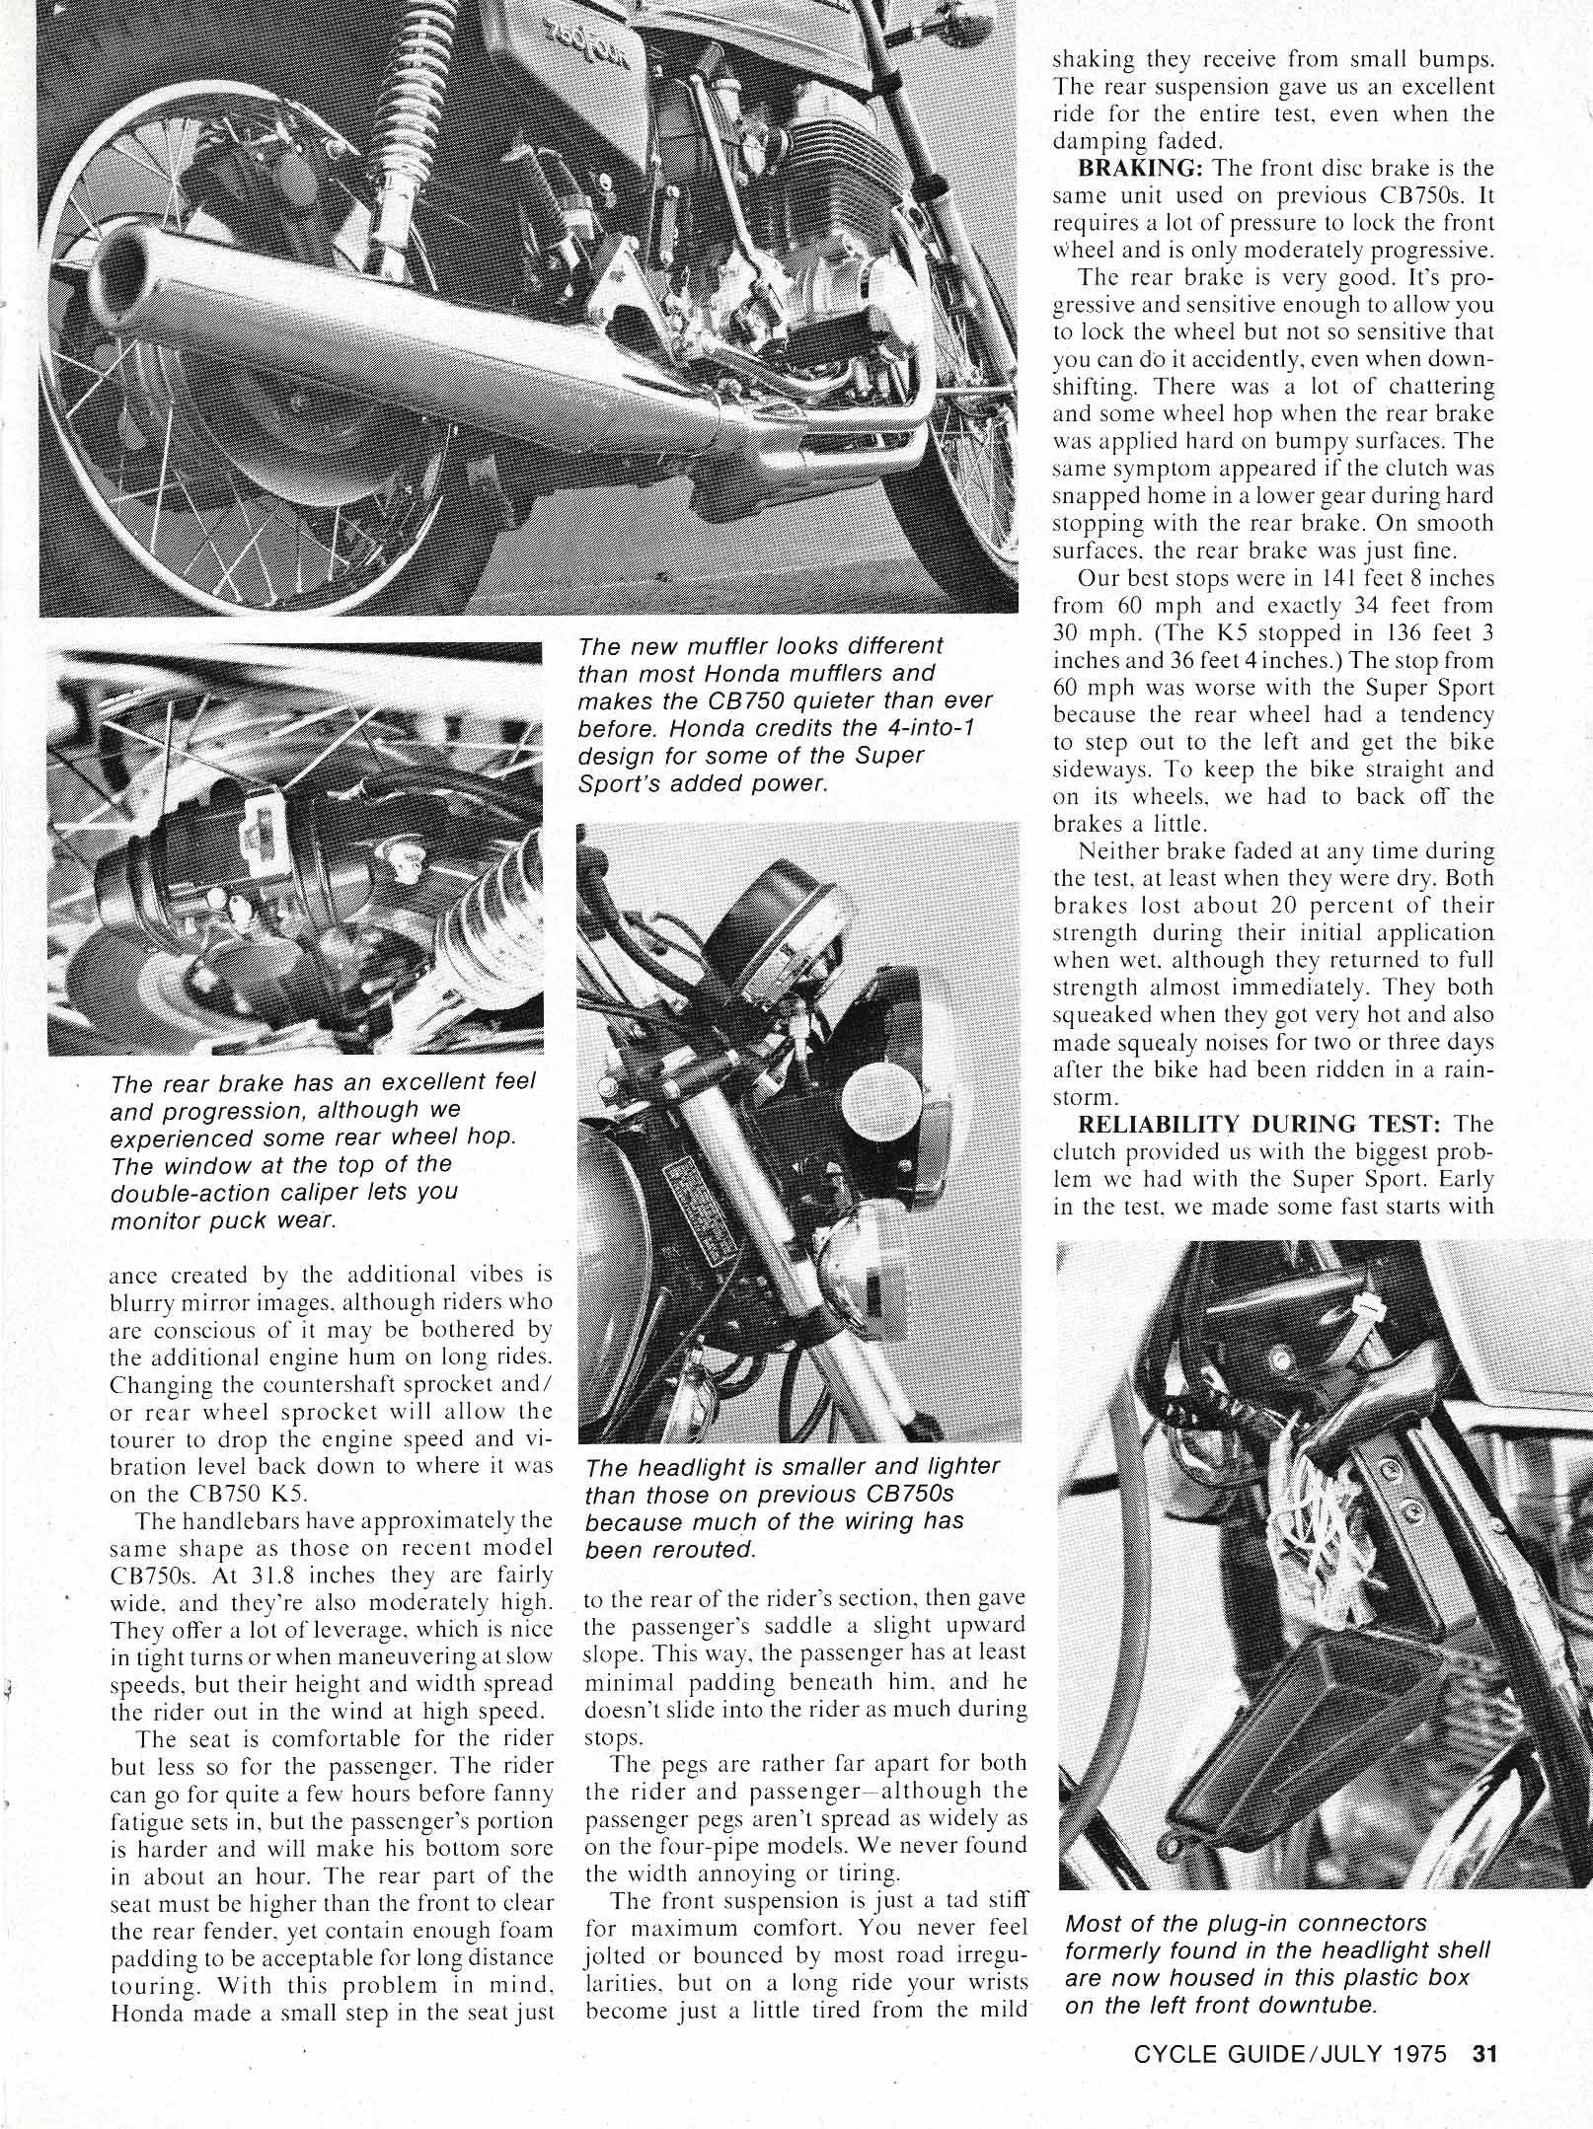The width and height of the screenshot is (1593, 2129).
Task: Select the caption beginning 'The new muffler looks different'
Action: [786, 714]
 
